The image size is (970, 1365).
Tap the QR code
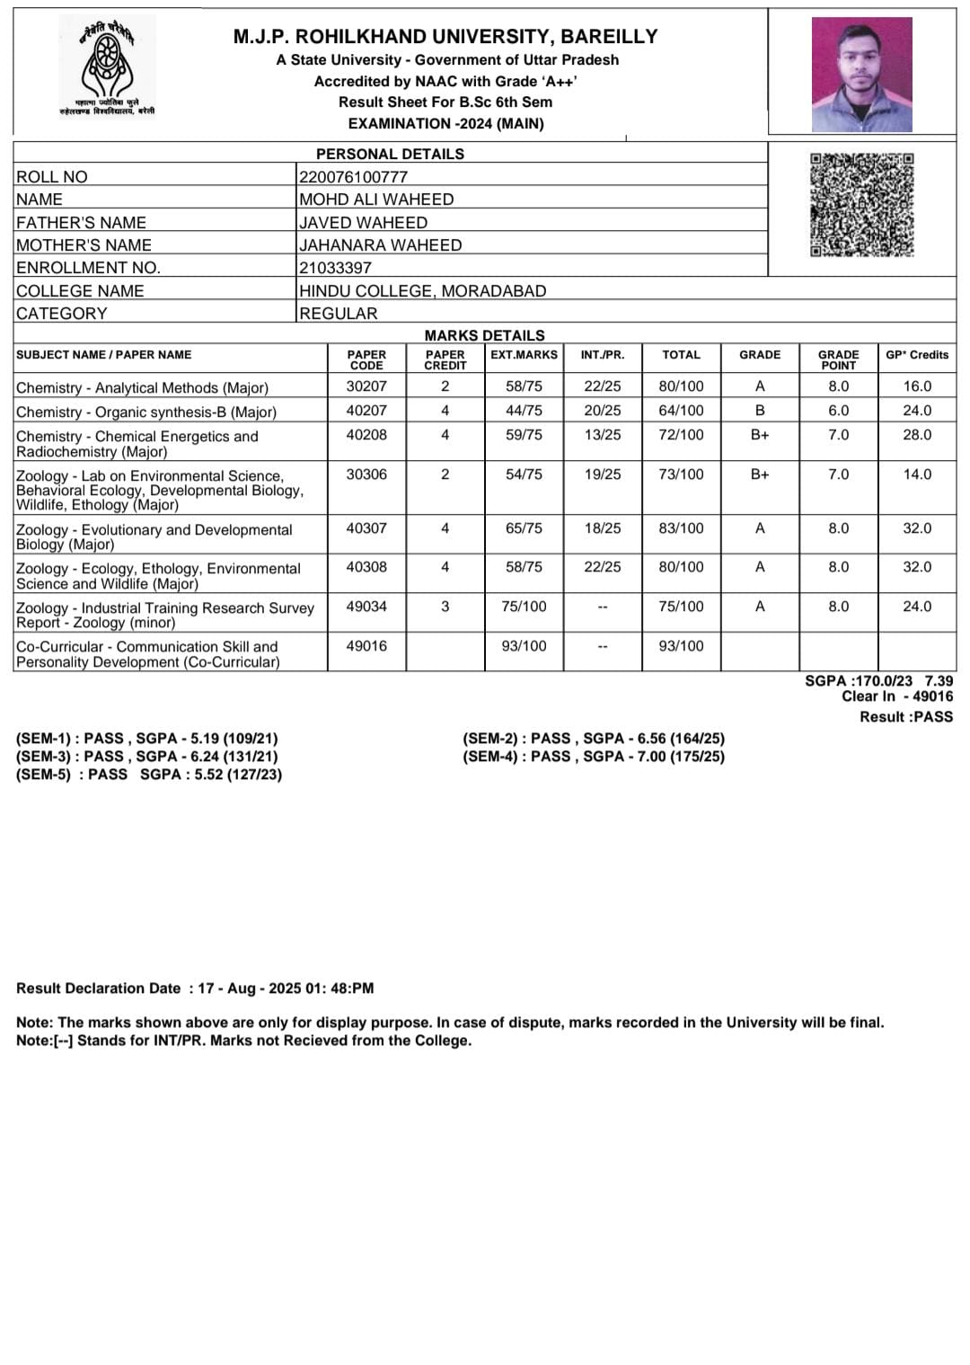click(861, 205)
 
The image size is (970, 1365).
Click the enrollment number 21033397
click(335, 268)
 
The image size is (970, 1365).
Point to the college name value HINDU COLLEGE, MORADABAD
click(422, 291)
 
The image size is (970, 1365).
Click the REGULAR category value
click(339, 314)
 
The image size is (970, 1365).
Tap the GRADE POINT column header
click(838, 359)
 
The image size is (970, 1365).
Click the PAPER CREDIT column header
click(445, 359)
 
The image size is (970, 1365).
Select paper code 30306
click(366, 474)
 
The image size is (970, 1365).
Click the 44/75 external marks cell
click(524, 411)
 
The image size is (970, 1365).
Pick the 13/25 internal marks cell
click(602, 435)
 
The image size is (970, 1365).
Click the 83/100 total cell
click(681, 528)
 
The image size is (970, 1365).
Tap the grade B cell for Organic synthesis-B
click(760, 411)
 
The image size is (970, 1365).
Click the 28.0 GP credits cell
click(917, 435)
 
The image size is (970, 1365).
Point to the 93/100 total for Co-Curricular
click(681, 646)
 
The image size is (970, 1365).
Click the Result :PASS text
click(906, 717)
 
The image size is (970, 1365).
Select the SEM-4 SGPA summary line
click(594, 757)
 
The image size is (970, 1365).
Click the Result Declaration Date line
click(195, 988)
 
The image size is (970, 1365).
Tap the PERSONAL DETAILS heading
click(390, 154)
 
